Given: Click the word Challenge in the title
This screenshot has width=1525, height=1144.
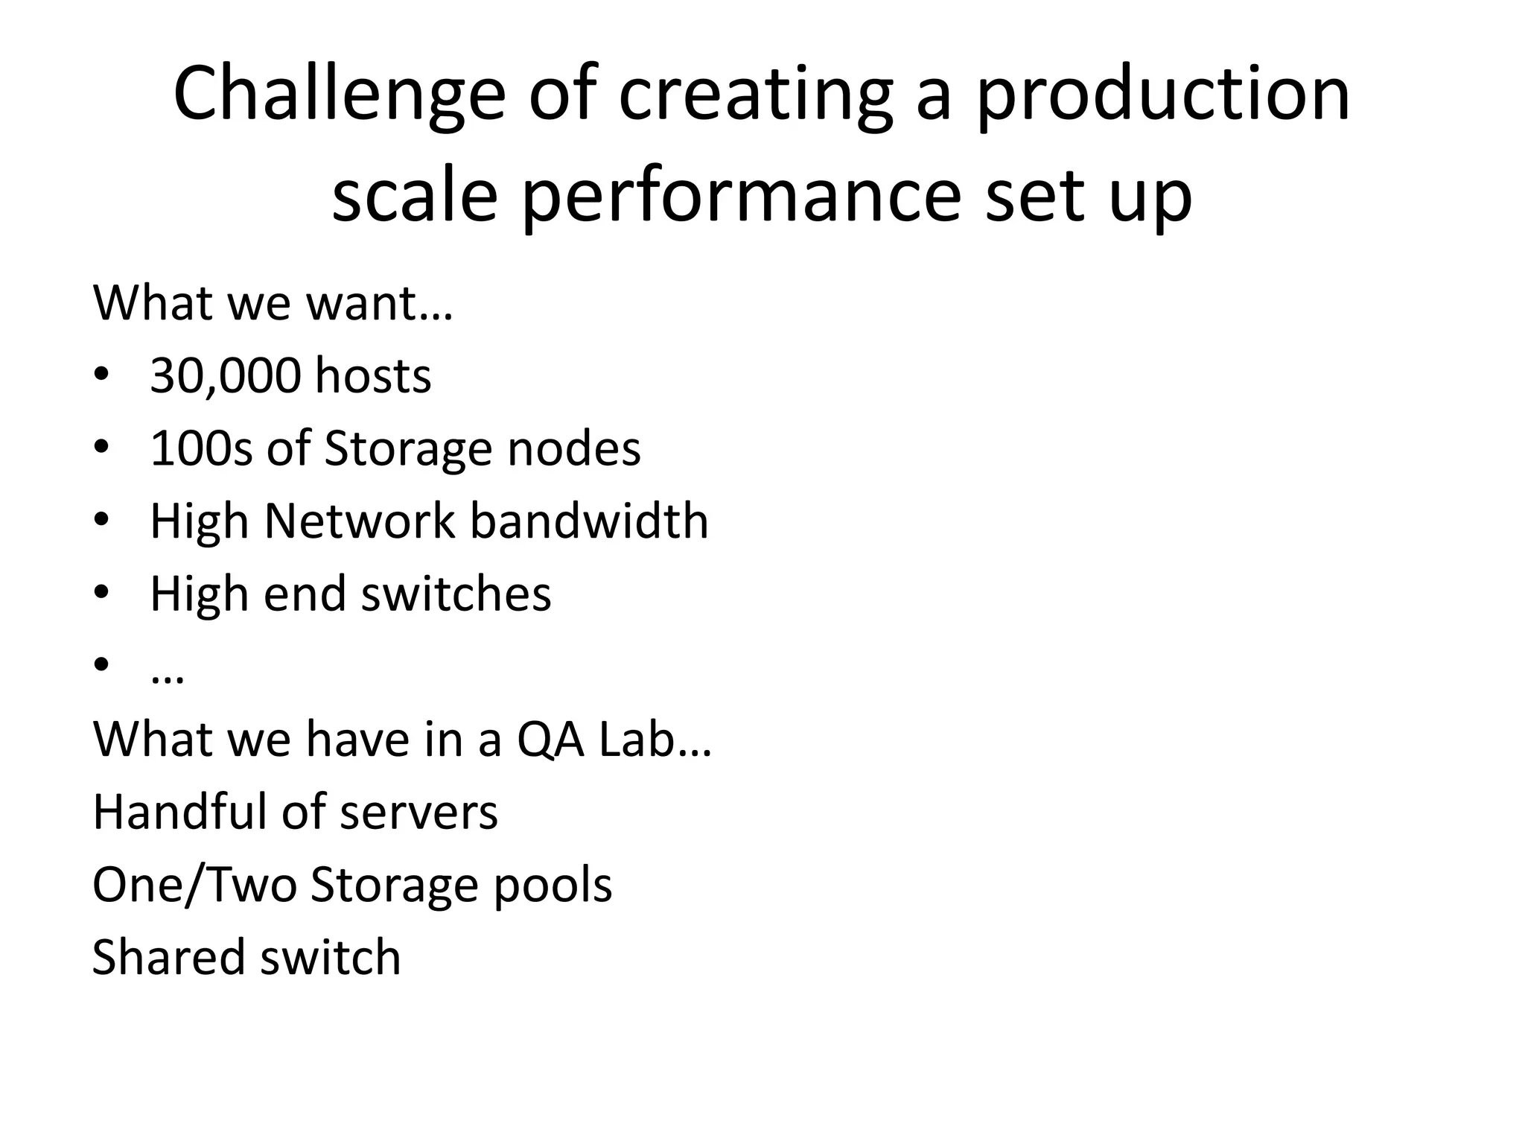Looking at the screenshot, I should click(340, 95).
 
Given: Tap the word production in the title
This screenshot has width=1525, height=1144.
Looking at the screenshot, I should click(1163, 95).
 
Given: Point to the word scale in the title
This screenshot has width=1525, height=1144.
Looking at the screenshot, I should click(414, 197).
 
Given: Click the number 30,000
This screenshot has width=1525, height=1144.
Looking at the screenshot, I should click(225, 375).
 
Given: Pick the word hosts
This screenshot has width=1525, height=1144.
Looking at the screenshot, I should click(372, 375).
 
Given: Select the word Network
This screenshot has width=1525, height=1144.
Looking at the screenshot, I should click(359, 521).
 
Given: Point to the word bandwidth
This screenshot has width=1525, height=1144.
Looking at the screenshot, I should click(589, 521).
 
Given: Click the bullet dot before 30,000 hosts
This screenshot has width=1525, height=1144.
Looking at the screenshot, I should click(102, 374).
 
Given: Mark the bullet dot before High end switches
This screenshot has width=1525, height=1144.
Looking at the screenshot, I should click(102, 592).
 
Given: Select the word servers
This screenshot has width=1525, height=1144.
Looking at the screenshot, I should click(418, 811).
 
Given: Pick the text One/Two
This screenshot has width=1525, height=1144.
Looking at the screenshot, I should click(194, 885).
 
